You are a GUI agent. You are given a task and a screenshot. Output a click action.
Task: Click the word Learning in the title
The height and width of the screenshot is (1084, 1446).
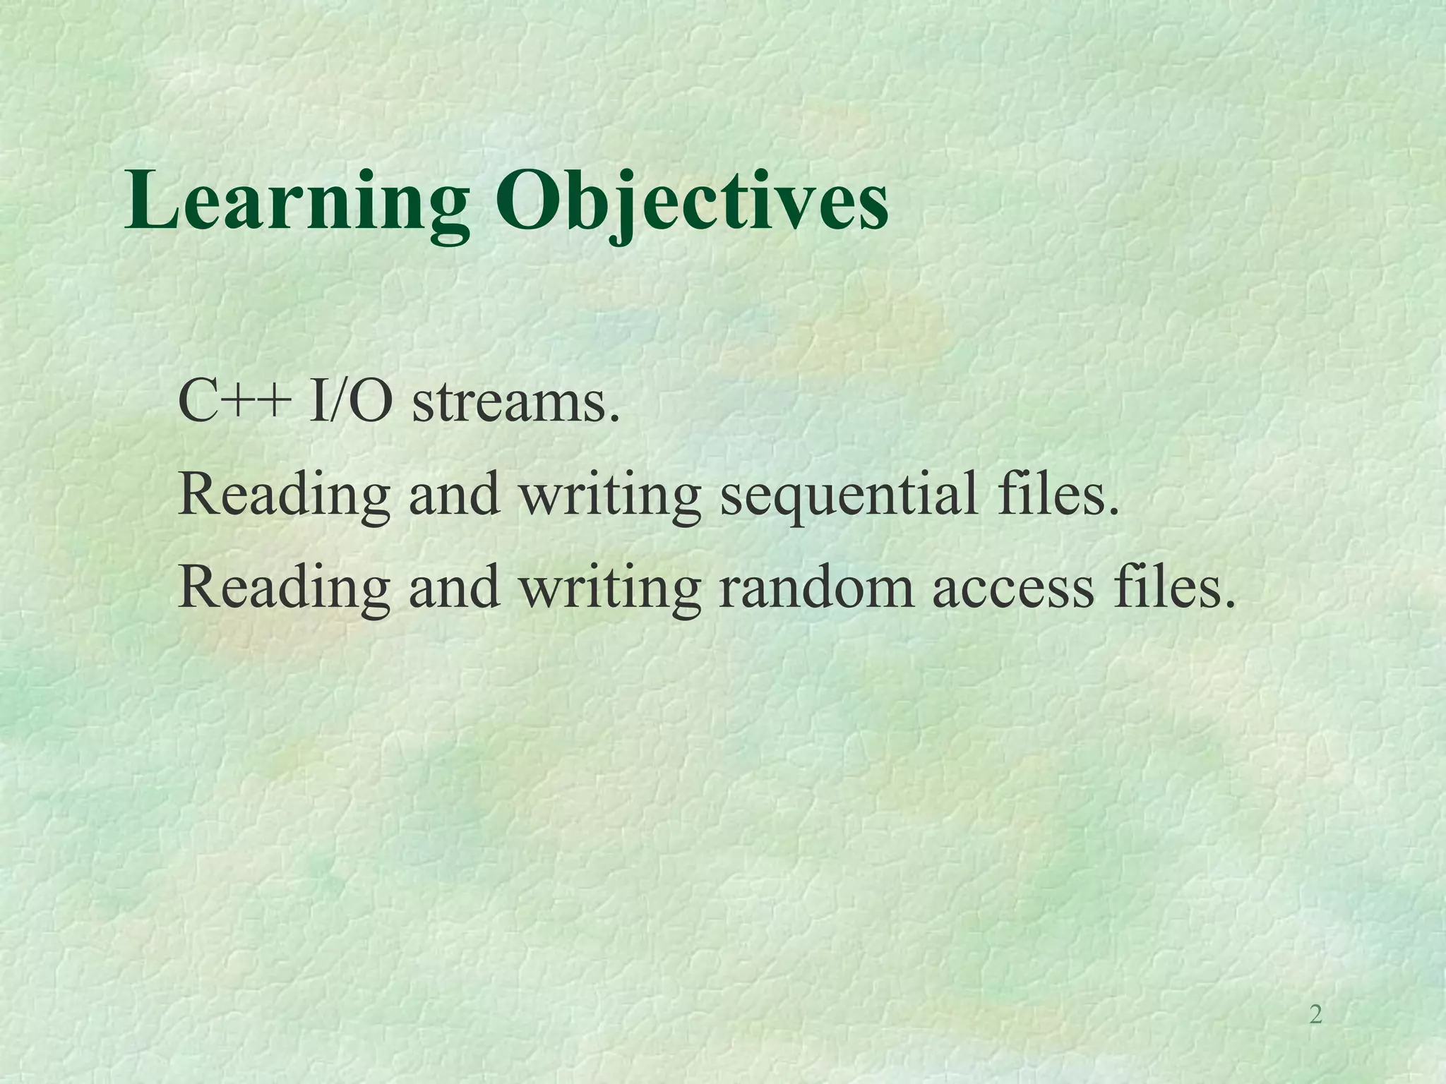[297, 201]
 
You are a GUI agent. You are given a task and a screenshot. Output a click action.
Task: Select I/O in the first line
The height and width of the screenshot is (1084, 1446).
[350, 402]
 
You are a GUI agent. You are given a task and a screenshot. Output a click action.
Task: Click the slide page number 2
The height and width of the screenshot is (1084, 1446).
[1315, 1015]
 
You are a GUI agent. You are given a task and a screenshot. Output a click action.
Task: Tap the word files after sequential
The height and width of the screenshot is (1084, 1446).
[1052, 494]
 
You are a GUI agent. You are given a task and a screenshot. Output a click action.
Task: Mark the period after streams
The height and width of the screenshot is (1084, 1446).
[614, 421]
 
